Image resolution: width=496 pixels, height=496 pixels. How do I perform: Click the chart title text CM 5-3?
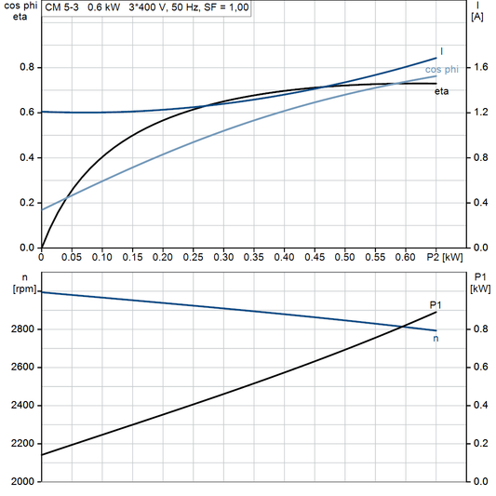pos(63,7)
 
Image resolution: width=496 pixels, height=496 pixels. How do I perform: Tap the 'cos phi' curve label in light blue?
pos(442,69)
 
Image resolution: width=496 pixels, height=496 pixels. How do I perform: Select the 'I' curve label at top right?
pos(441,50)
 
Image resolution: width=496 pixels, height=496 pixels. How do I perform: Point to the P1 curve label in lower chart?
pos(435,304)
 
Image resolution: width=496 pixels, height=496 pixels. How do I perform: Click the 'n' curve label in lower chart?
pos(436,338)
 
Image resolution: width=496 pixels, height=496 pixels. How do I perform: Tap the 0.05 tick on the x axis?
pos(72,256)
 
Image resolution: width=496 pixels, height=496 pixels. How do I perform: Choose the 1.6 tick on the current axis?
pos(479,68)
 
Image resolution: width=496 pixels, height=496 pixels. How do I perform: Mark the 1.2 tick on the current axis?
pos(479,113)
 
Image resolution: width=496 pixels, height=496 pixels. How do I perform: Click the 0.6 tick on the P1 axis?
pos(479,368)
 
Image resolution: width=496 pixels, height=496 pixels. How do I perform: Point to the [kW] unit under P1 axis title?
pos(481,288)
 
